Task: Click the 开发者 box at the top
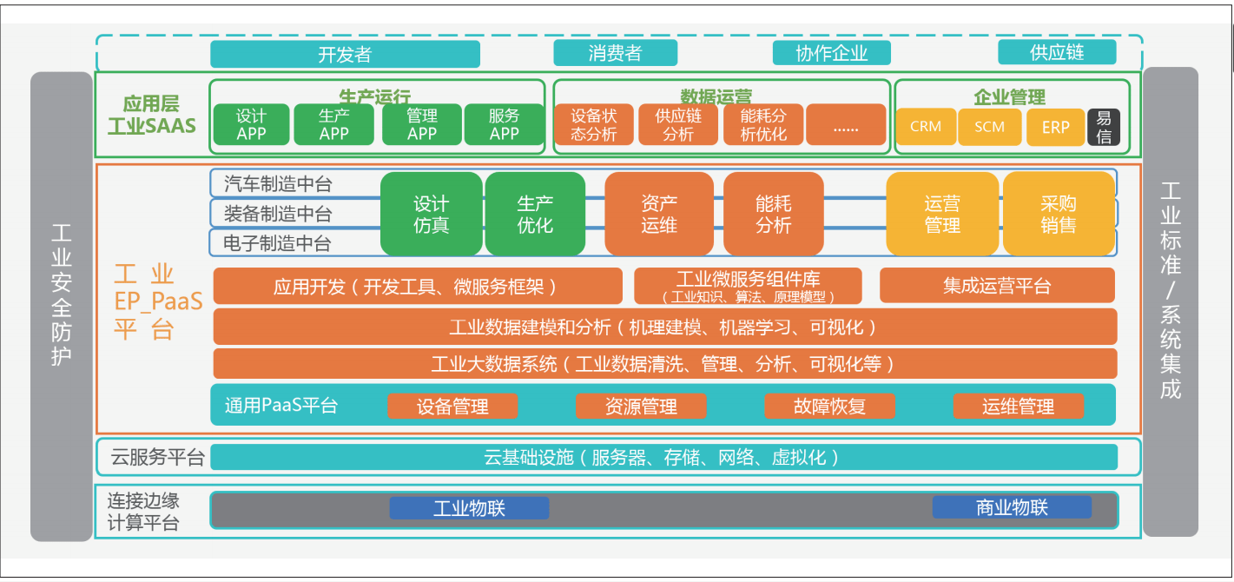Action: point(345,54)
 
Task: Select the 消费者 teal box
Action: point(615,53)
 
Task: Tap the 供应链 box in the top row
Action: point(1056,52)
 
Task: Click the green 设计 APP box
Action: point(251,124)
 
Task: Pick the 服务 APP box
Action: point(504,124)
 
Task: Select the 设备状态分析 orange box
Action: point(594,124)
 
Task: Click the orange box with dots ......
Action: point(845,124)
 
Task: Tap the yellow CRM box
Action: point(926,127)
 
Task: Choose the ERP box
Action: point(1055,127)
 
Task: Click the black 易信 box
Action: point(1104,127)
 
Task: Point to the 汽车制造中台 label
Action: point(278,184)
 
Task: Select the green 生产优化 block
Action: point(535,214)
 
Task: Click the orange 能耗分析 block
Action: point(773,214)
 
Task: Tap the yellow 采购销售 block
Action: point(1058,214)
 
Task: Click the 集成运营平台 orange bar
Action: point(997,286)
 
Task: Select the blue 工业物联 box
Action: point(469,508)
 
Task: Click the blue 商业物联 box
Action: point(1012,507)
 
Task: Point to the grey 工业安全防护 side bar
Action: point(61,306)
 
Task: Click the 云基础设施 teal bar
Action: point(663,457)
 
